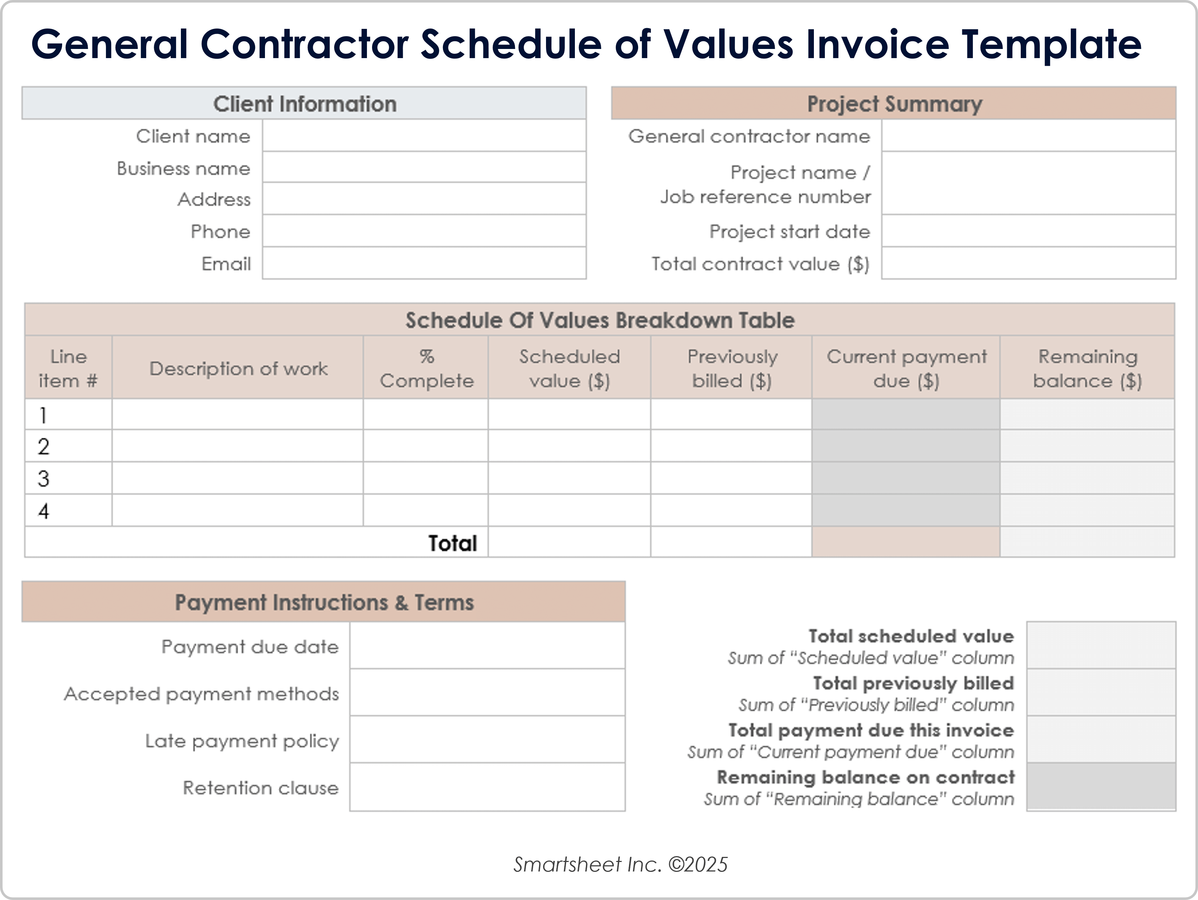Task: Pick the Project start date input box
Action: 1028,231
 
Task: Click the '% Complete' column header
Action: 426,368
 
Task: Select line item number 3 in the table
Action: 44,479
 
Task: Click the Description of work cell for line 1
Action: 237,415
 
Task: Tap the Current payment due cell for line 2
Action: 906,446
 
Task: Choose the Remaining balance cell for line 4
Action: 1087,510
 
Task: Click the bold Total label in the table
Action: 452,543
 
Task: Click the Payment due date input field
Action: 487,646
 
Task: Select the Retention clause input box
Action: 487,787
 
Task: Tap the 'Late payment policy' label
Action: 242,741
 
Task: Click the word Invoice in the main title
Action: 877,45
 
